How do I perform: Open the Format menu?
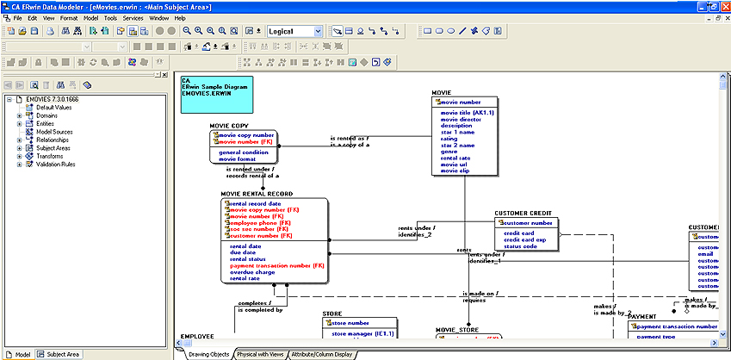tap(69, 17)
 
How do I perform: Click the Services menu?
tap(133, 17)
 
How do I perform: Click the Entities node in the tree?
tap(45, 123)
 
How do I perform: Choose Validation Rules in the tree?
tap(55, 164)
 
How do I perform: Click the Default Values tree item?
tap(53, 107)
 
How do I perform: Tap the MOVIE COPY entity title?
tap(229, 126)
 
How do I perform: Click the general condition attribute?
tap(244, 152)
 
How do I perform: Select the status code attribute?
tap(520, 246)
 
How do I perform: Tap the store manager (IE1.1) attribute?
tap(362, 332)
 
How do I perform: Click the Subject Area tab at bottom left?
tap(63, 354)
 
